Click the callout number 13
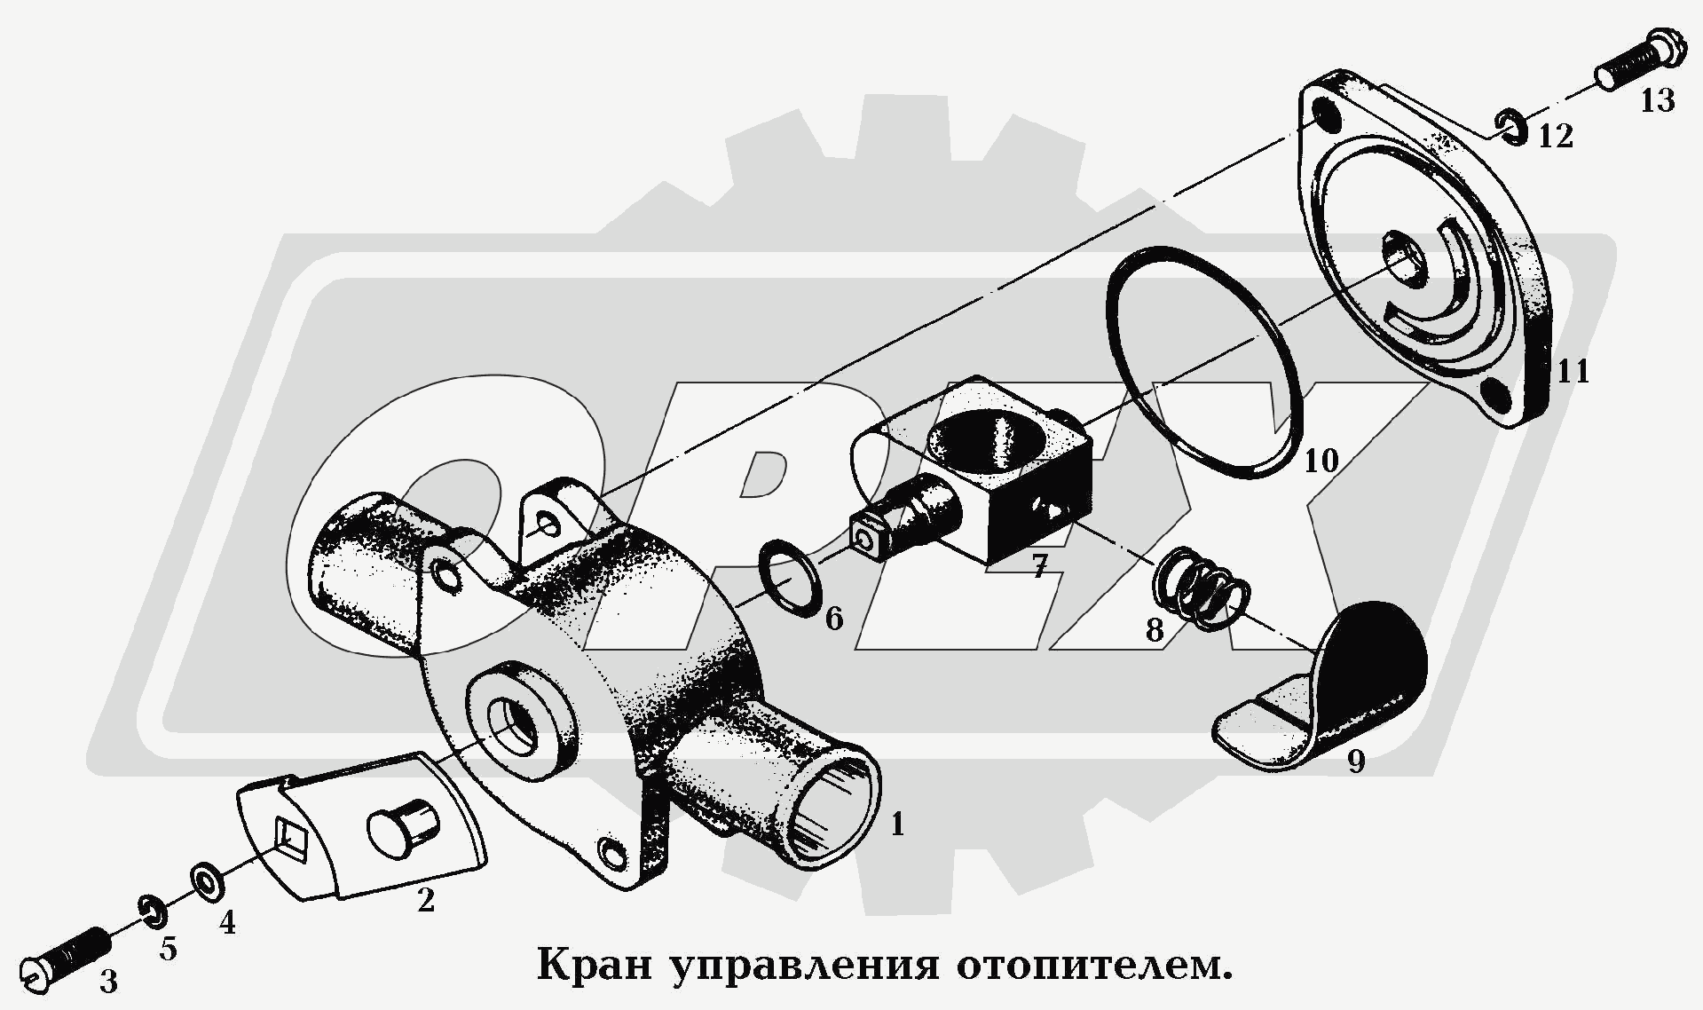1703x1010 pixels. (x=1657, y=100)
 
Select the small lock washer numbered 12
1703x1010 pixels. (x=1514, y=128)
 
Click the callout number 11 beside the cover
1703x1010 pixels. (x=1573, y=370)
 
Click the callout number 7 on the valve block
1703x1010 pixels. (x=1039, y=566)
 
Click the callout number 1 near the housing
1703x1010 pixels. (x=897, y=825)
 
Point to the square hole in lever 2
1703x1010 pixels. (x=290, y=835)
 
